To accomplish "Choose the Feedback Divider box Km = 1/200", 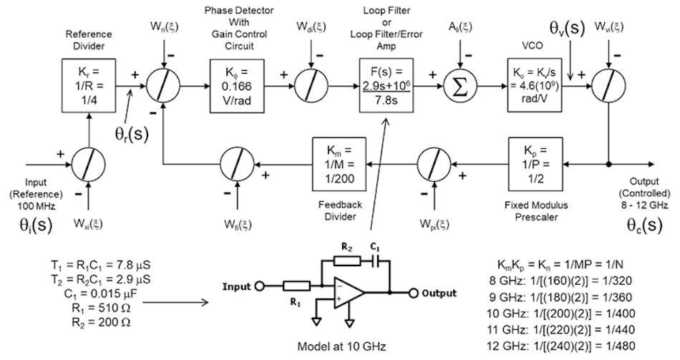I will pyautogui.click(x=339, y=163).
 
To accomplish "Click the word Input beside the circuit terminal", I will pyautogui.click(x=238, y=287).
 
